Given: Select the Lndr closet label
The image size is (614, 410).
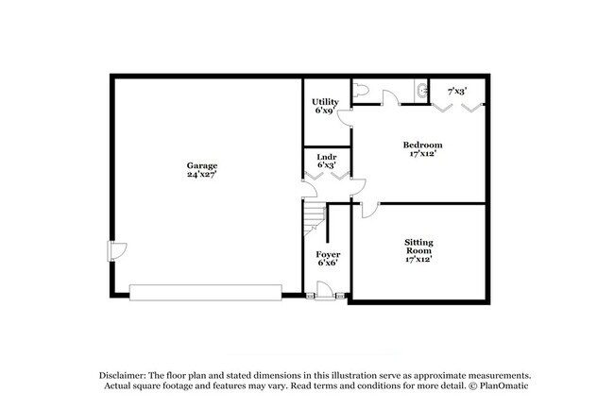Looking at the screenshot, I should pos(326,155).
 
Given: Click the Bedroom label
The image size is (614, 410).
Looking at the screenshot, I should pos(422,145).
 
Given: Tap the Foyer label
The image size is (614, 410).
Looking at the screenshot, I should pos(328,254).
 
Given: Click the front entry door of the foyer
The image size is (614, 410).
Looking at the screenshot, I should pos(325,296).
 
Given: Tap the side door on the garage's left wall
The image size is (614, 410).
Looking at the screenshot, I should pos(115,250).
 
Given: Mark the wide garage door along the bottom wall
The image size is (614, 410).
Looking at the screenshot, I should pos(205,292).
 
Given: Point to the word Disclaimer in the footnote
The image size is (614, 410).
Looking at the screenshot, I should pos(120,374).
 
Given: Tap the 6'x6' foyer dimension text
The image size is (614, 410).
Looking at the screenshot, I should pos(328,264).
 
